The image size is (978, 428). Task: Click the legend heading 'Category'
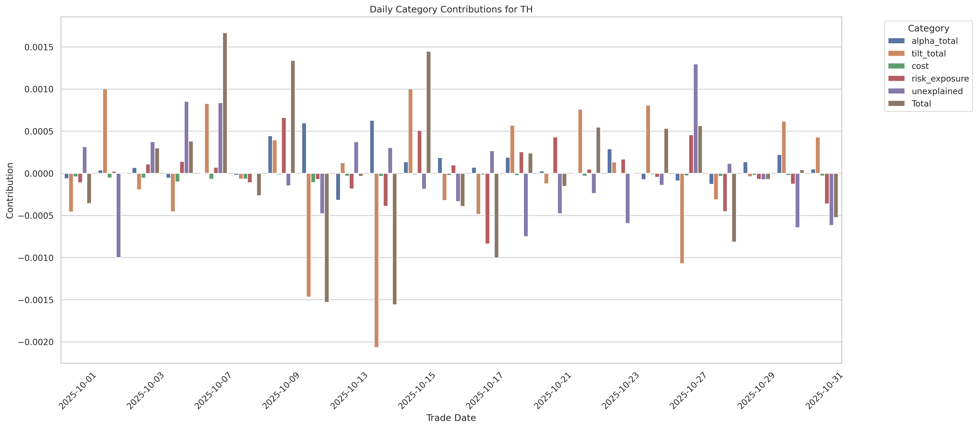pyautogui.click(x=928, y=28)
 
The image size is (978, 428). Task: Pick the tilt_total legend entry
pyautogui.click(x=928, y=54)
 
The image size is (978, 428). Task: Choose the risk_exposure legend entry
pyautogui.click(x=940, y=79)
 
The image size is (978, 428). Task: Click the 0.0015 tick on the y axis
pyautogui.click(x=39, y=47)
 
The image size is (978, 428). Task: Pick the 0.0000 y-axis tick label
pyautogui.click(x=39, y=174)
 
